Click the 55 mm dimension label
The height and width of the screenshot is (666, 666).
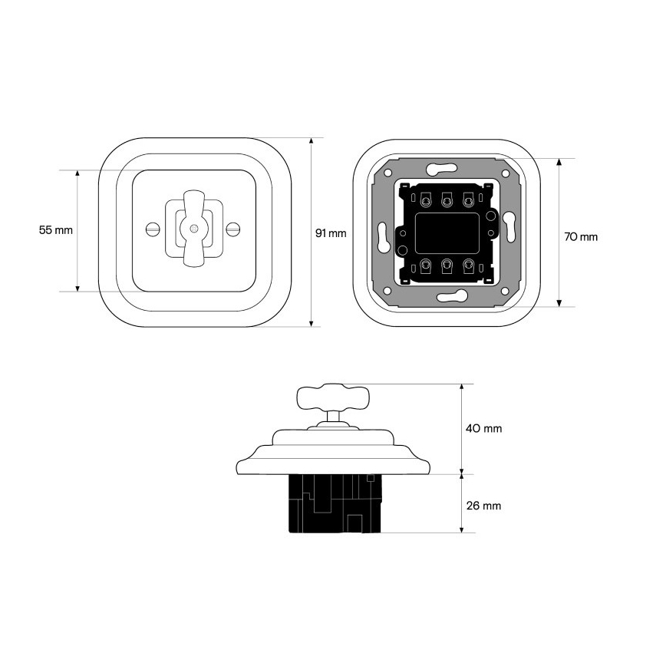[x=56, y=230]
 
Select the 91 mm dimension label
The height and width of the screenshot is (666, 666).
[x=331, y=233]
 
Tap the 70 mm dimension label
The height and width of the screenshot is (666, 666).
[x=581, y=237]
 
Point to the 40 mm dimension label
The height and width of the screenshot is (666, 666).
[x=484, y=429]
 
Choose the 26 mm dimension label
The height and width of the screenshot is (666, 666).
[x=484, y=506]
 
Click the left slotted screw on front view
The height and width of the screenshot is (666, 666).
[x=153, y=229]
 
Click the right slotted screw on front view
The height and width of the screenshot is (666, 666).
[x=232, y=229]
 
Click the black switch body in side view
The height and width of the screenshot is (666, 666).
[x=335, y=503]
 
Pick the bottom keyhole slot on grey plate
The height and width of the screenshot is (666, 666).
[x=452, y=296]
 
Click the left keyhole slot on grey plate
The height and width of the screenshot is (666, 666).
[x=383, y=237]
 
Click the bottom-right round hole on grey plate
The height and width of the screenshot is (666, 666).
[x=505, y=291]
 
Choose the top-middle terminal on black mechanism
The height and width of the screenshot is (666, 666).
[x=446, y=199]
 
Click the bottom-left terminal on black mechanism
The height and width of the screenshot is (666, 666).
[x=425, y=265]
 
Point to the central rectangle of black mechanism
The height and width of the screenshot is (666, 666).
[x=447, y=233]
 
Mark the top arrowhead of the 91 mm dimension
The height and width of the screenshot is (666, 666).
[x=312, y=141]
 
